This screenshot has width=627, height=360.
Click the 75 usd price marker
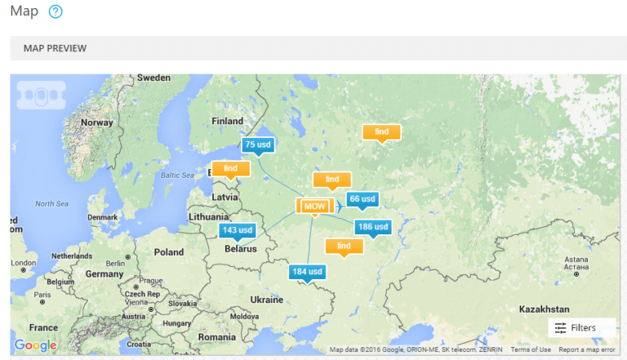(x=258, y=144)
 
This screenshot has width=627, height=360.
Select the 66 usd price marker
(x=362, y=198)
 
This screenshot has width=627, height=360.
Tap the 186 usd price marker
(x=372, y=226)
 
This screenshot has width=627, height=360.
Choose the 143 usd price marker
(x=237, y=230)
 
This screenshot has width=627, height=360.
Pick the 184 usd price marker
(x=308, y=271)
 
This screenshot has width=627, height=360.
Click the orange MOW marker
(x=314, y=207)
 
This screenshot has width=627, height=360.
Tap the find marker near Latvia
(x=230, y=168)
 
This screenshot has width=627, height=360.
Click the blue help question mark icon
(x=56, y=12)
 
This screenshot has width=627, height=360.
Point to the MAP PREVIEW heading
(x=56, y=48)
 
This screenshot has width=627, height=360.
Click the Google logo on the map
(x=35, y=345)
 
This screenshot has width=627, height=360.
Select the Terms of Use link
(x=531, y=349)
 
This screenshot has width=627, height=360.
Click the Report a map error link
(x=586, y=349)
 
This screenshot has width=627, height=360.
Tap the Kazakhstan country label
(x=544, y=309)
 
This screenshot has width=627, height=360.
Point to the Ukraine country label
(x=267, y=299)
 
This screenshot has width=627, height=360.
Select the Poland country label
(x=169, y=252)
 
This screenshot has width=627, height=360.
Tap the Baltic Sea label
(x=177, y=175)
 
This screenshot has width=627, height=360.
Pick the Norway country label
(x=97, y=122)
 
